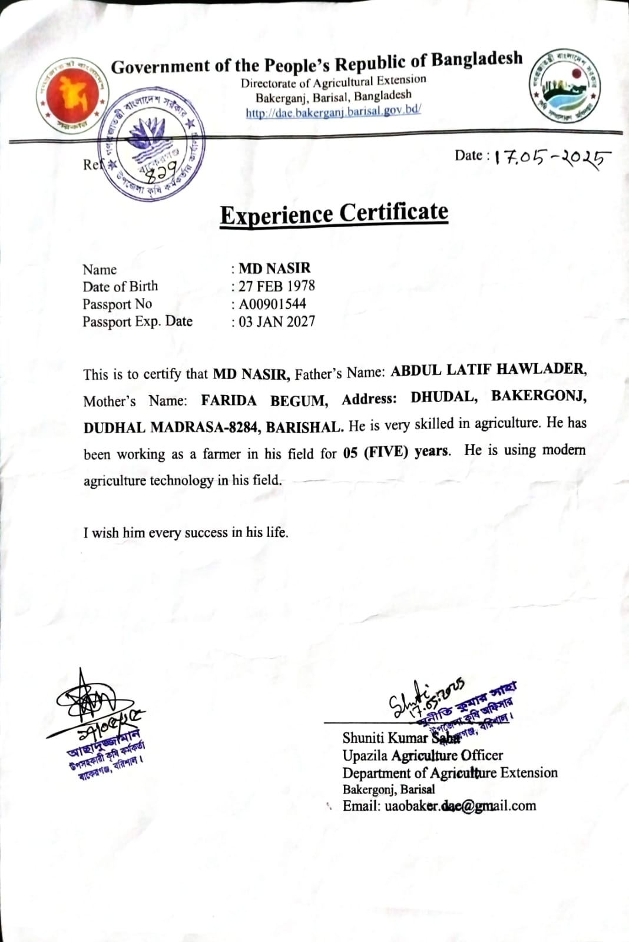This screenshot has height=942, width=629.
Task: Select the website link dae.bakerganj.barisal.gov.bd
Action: coord(333,111)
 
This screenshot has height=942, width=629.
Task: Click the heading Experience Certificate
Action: coord(334,213)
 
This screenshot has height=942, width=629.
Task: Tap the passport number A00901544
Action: coord(272,304)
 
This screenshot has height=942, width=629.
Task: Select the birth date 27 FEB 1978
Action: coord(276,286)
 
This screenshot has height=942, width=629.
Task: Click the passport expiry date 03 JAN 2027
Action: coord(276,321)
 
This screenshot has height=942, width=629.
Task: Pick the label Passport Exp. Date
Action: coord(137,321)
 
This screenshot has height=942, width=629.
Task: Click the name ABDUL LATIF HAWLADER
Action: coord(488,370)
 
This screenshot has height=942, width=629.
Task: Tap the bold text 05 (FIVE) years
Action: coord(396,452)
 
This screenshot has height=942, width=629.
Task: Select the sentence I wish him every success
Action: coord(186,533)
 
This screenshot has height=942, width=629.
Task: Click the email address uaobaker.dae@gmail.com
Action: coord(460,806)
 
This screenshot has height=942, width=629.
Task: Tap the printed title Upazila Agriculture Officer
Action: coord(422,755)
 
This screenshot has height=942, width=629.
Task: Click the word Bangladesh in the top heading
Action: coord(476,59)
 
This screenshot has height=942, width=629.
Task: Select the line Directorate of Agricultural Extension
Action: coord(333,82)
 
